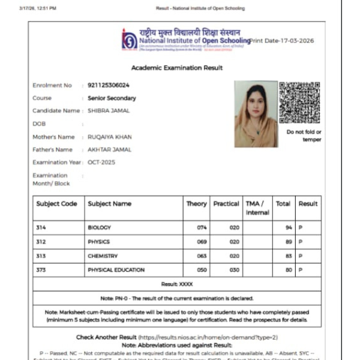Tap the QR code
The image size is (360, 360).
click(x=299, y=102)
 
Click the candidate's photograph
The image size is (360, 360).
click(x=256, y=114)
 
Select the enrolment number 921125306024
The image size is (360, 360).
click(x=109, y=85)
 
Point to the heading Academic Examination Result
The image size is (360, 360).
click(x=177, y=68)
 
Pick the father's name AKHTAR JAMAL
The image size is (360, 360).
click(x=109, y=149)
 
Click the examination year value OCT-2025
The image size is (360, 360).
click(x=101, y=162)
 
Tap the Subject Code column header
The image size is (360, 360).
click(x=57, y=204)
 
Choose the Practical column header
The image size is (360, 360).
click(x=226, y=204)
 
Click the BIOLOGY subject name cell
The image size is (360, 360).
click(x=100, y=228)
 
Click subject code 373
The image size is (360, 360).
click(x=41, y=269)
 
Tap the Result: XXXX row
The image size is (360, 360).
click(x=177, y=283)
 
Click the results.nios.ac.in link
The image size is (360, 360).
click(x=208, y=337)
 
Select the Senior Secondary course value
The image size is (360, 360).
click(x=112, y=98)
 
